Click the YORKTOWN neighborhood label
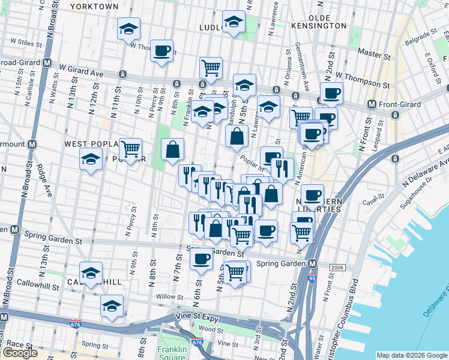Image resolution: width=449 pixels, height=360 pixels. (x=94, y=6)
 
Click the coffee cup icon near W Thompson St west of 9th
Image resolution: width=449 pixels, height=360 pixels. (x=161, y=51)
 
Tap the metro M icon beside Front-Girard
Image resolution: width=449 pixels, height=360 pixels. (x=372, y=104)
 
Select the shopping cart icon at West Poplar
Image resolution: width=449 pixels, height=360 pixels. (x=130, y=148)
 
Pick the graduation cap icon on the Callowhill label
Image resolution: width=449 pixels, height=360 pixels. (x=91, y=273)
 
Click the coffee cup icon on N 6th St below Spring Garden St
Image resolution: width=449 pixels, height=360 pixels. (x=201, y=259)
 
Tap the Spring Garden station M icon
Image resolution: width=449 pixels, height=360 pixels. (x=312, y=263)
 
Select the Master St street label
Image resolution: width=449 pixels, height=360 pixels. (x=373, y=53)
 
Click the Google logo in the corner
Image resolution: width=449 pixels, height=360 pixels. (x=20, y=353)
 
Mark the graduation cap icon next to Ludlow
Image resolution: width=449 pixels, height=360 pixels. (x=233, y=22)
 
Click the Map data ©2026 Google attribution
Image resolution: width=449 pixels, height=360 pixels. (x=411, y=355)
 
